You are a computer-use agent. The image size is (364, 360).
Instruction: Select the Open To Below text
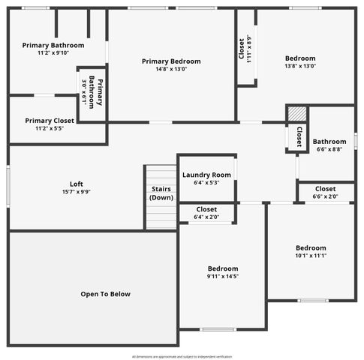105,294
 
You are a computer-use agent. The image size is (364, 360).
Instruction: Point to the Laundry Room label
206,175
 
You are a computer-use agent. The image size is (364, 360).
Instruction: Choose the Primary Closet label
49,120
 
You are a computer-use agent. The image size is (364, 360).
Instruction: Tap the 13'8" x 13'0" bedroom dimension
300,66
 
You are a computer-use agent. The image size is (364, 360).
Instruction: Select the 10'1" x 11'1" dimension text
311,256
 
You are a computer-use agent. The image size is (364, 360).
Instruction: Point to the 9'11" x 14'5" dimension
223,277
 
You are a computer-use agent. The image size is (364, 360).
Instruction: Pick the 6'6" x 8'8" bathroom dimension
329,149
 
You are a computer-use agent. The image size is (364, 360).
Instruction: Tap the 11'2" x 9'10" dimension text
53,52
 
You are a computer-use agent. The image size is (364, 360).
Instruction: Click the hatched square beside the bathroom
298,114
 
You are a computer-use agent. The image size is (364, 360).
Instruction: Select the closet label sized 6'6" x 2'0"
325,189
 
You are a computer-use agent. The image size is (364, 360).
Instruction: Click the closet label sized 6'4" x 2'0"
206,209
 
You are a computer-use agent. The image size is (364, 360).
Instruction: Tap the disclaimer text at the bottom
182,356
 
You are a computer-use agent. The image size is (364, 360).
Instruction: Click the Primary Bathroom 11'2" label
53,45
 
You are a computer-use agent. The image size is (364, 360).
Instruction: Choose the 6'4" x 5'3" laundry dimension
206,182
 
